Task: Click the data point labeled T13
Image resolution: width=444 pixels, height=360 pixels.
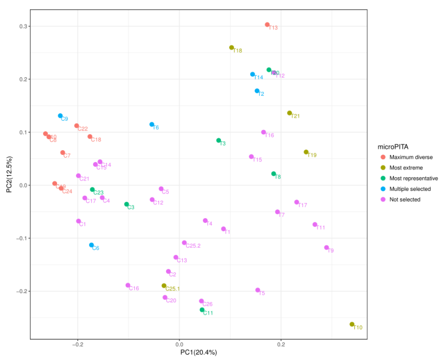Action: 267,24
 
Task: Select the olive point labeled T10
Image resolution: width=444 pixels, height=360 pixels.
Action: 352,324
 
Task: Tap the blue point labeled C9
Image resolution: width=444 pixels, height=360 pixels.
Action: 60,116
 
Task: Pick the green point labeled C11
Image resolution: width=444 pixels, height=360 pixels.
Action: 202,310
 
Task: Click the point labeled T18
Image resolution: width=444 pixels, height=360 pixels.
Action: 232,48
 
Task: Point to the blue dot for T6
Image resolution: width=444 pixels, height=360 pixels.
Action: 152,125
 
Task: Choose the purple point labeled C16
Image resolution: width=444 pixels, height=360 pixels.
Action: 128,285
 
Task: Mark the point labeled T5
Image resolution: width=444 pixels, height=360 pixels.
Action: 258,290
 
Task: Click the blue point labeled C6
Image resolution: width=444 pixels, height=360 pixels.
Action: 91,245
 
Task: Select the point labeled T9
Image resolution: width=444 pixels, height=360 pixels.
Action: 326,247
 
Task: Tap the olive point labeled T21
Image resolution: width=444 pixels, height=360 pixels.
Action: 289,113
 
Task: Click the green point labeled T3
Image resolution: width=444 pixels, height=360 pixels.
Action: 219,140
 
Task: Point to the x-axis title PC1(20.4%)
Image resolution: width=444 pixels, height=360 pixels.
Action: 199,352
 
